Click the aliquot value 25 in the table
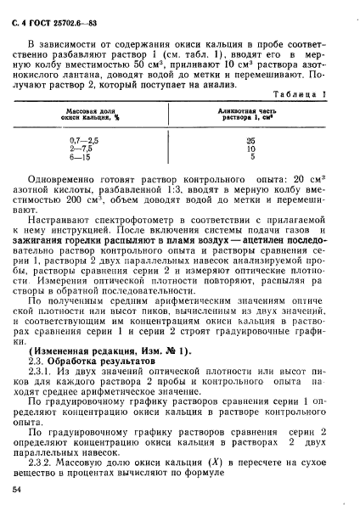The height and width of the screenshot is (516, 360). point(250,139)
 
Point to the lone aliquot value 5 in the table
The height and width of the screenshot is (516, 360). point(251,156)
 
